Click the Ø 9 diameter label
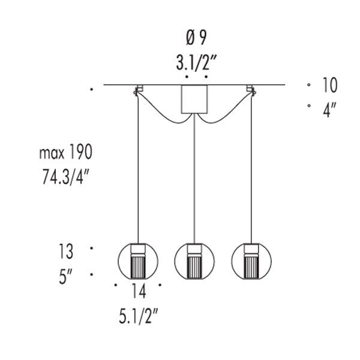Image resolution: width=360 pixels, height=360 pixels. [x=196, y=38]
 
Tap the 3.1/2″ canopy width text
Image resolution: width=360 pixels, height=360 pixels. [x=196, y=62]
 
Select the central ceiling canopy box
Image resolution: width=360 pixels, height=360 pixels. [x=194, y=99]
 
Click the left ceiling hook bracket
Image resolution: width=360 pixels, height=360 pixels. [x=138, y=90]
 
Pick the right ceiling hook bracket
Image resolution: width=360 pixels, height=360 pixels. [x=251, y=90]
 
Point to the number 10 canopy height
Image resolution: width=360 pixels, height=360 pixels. [x=330, y=85]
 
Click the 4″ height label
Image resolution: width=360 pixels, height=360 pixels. [x=329, y=110]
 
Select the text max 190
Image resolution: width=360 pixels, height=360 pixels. [x=66, y=152]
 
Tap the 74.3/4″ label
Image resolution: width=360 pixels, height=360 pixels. [x=65, y=176]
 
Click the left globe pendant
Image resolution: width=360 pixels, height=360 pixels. [x=138, y=261]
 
